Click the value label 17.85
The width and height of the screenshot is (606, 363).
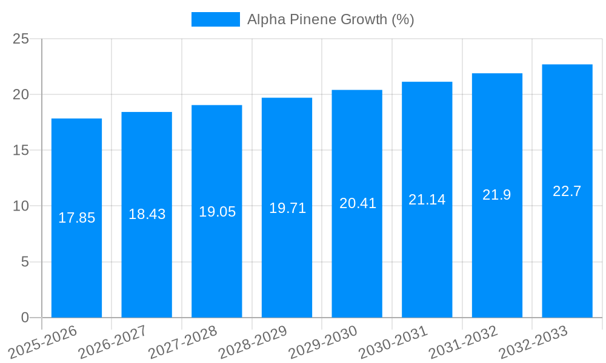point(76,218)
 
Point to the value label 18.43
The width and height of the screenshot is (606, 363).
point(147,214)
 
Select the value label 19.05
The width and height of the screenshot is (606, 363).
point(217,212)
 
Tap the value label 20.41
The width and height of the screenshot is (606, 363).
point(358,203)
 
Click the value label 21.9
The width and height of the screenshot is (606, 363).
point(497,195)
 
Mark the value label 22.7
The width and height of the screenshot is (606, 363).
point(567,191)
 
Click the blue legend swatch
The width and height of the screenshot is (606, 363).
point(215,19)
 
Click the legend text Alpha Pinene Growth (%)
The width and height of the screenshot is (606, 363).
point(330,19)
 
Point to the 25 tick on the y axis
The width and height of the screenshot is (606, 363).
point(21,39)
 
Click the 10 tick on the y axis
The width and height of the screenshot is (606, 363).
point(21,206)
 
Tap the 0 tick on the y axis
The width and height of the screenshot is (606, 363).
point(25,318)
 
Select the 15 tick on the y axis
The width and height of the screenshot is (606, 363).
point(21,150)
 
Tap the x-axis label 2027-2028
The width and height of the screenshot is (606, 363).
point(183,342)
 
